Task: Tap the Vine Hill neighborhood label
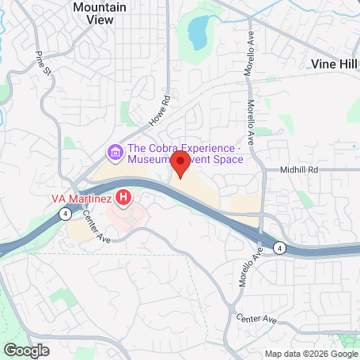pos(332,64)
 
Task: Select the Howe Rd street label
pos(160,112)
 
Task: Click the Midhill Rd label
pos(298,170)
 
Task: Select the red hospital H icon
pos(123,195)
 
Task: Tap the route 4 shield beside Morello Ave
pos(279,247)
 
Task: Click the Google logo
pos(26,350)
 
